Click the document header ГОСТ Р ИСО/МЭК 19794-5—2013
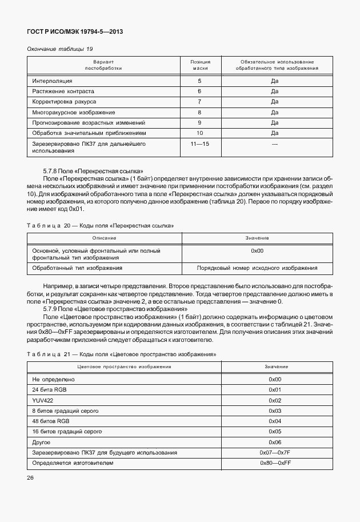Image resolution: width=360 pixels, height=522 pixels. click(x=74, y=31)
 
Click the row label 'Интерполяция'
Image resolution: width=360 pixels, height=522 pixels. click(x=53, y=81)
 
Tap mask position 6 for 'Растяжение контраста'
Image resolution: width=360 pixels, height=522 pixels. click(x=199, y=91)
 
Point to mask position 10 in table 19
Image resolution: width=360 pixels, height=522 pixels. click(x=199, y=133)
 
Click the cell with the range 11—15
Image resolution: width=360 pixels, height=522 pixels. click(x=199, y=144)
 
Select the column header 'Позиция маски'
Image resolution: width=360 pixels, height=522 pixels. click(x=199, y=65)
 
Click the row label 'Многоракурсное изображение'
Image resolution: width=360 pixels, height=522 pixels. click(x=74, y=112)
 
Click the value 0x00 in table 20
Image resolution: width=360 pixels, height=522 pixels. click(x=257, y=250)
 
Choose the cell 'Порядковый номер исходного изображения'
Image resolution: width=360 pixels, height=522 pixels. click(x=257, y=268)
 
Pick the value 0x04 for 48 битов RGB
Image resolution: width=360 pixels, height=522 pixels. click(x=275, y=421)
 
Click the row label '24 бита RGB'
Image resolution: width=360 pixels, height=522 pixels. click(x=48, y=390)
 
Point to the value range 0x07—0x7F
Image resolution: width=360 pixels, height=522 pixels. click(x=275, y=452)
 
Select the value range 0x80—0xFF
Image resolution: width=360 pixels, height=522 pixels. click(x=275, y=463)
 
